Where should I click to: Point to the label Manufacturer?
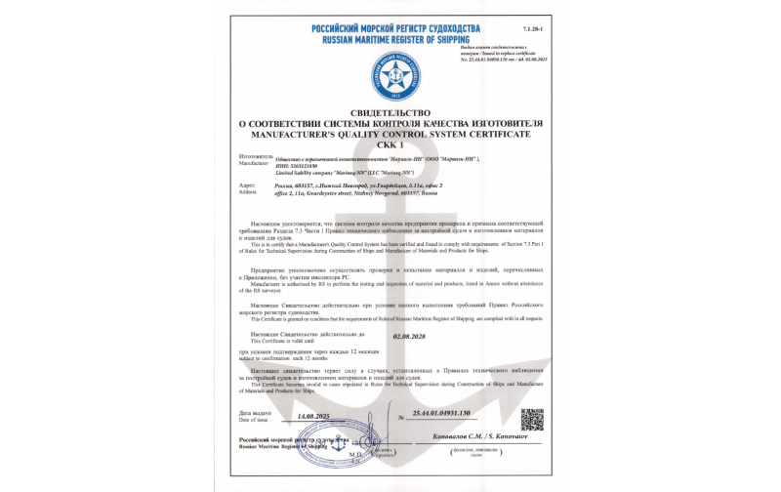tap(251, 162)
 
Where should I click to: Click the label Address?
tap(246, 190)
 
